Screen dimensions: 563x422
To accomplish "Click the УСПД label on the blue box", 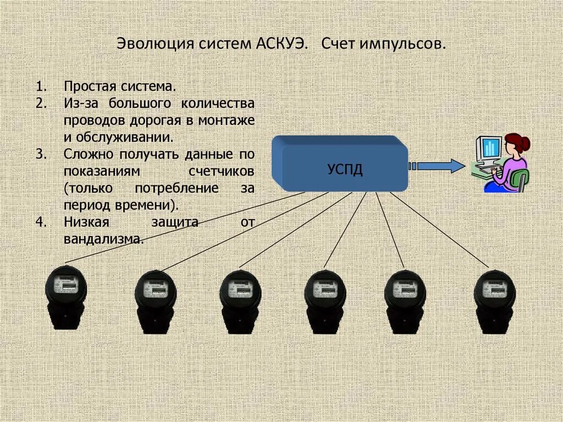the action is coord(345,169).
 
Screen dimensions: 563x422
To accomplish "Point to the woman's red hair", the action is coord(520,142).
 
